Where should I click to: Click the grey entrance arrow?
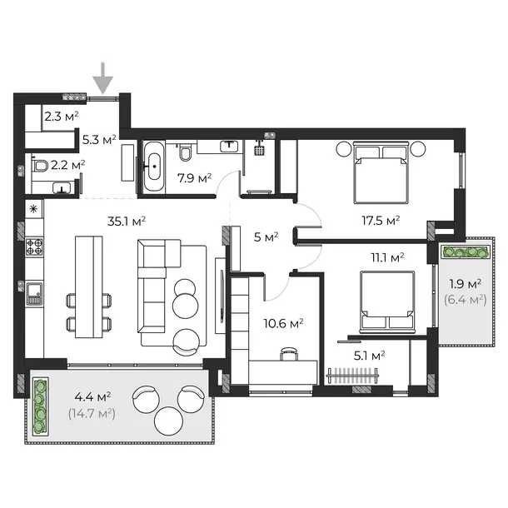click(x=103, y=79)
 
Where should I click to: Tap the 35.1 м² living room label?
click(x=127, y=222)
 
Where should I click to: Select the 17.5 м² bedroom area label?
click(x=381, y=221)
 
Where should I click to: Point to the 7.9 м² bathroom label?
click(x=194, y=178)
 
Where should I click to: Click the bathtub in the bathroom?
click(x=154, y=167)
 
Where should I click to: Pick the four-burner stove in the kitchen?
click(x=34, y=247)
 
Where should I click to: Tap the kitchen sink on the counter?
click(x=34, y=293)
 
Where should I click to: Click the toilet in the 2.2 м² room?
click(x=40, y=166)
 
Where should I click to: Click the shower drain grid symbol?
click(x=259, y=151)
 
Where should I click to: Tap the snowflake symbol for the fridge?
click(x=33, y=209)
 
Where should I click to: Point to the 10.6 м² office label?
click(x=283, y=323)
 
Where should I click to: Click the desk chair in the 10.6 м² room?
click(x=289, y=354)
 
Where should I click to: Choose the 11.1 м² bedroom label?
click(x=387, y=258)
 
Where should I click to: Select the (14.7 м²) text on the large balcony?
click(x=92, y=414)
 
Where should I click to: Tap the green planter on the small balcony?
click(x=466, y=252)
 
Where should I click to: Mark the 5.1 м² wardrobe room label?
click(x=369, y=356)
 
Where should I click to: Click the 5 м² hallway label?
click(x=266, y=237)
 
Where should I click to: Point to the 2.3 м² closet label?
click(x=62, y=117)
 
